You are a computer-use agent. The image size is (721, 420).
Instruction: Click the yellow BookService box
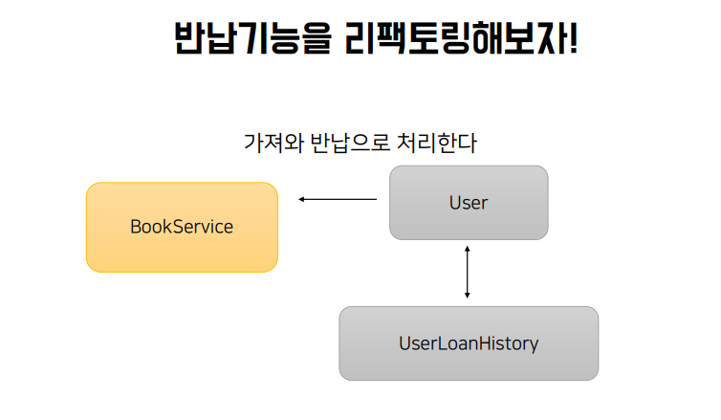point(182,228)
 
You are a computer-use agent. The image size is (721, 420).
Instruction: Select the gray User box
point(469,203)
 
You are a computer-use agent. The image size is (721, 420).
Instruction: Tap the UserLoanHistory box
point(469,343)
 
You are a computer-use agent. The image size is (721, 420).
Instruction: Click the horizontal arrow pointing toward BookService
point(338,199)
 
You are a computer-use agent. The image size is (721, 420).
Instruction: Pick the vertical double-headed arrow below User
point(468,272)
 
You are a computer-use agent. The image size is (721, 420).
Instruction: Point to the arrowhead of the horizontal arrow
point(301,199)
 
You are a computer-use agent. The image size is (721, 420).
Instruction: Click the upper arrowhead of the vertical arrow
point(468,249)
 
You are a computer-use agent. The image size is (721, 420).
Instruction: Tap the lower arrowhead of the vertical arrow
point(468,296)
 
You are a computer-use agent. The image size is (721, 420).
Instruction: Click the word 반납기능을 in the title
point(252,38)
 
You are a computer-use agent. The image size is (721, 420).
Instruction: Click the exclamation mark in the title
point(573,38)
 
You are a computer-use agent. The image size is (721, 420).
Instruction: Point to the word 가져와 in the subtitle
point(273,143)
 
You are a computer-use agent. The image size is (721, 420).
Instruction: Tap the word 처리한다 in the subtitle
point(437,143)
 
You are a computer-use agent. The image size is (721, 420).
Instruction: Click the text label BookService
point(182,227)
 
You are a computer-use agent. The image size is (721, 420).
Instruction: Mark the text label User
point(469,203)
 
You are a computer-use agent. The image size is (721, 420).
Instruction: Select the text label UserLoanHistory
point(469,343)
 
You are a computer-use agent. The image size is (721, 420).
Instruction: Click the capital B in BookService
point(136,227)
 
